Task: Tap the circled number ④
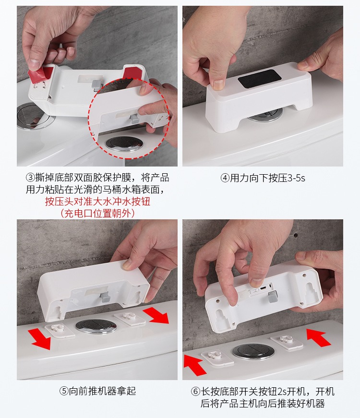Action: pos(225,178)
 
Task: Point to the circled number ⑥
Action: pos(195,391)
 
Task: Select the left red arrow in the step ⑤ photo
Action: pos(38,338)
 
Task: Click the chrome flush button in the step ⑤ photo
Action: pos(96,326)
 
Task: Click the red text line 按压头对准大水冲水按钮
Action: pos(97,201)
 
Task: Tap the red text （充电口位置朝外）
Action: pos(97,213)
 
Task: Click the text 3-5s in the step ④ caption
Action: pos(295,178)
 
